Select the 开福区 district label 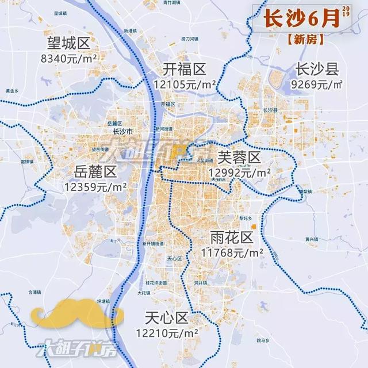pyautogui.click(x=184, y=70)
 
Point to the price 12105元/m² pyautogui.click(x=185, y=85)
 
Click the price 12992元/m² pyautogui.click(x=240, y=172)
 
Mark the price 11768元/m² pyautogui.click(x=232, y=252)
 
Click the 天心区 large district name pyautogui.click(x=167, y=318)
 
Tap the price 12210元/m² pyautogui.click(x=167, y=332)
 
